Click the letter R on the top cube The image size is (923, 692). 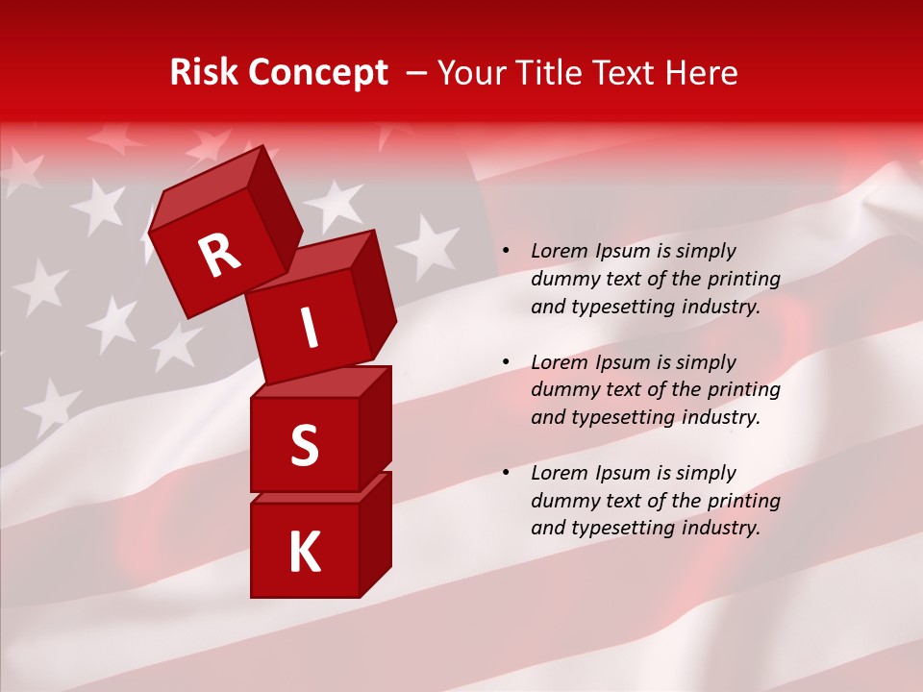[219, 255]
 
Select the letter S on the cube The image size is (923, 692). [304, 445]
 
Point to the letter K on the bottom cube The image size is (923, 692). [304, 553]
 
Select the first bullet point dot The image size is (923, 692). [507, 252]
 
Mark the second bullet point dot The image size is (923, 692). [507, 362]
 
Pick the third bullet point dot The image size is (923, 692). [507, 473]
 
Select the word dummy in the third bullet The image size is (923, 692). [561, 501]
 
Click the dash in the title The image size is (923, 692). [417, 73]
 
